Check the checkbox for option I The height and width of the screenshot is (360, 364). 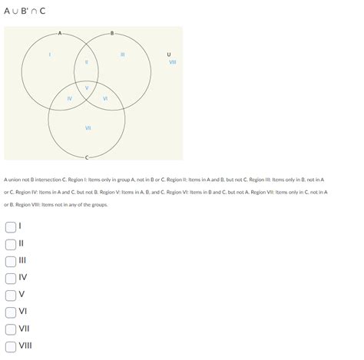point(10,227)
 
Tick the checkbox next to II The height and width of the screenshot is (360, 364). point(10,244)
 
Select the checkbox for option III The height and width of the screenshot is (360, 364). point(10,261)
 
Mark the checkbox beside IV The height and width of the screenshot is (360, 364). point(10,278)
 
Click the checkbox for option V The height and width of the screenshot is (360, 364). point(10,295)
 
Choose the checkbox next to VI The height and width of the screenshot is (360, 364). point(10,312)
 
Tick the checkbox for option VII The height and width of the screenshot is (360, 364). point(10,329)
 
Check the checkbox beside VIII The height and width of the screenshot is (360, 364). point(10,345)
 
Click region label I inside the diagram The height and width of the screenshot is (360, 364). point(50,54)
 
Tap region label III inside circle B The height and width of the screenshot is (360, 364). point(123,54)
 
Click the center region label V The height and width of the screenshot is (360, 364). point(87,88)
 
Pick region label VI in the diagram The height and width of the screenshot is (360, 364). point(104,98)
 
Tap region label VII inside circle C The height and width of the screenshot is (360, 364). point(88,127)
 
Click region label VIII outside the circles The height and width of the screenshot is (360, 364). point(173,61)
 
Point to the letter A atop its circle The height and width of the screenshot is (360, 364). point(60,32)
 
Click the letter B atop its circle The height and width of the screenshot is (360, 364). point(113,32)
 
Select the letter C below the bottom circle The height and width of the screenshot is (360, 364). point(87,157)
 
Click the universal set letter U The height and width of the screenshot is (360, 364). point(169,54)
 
